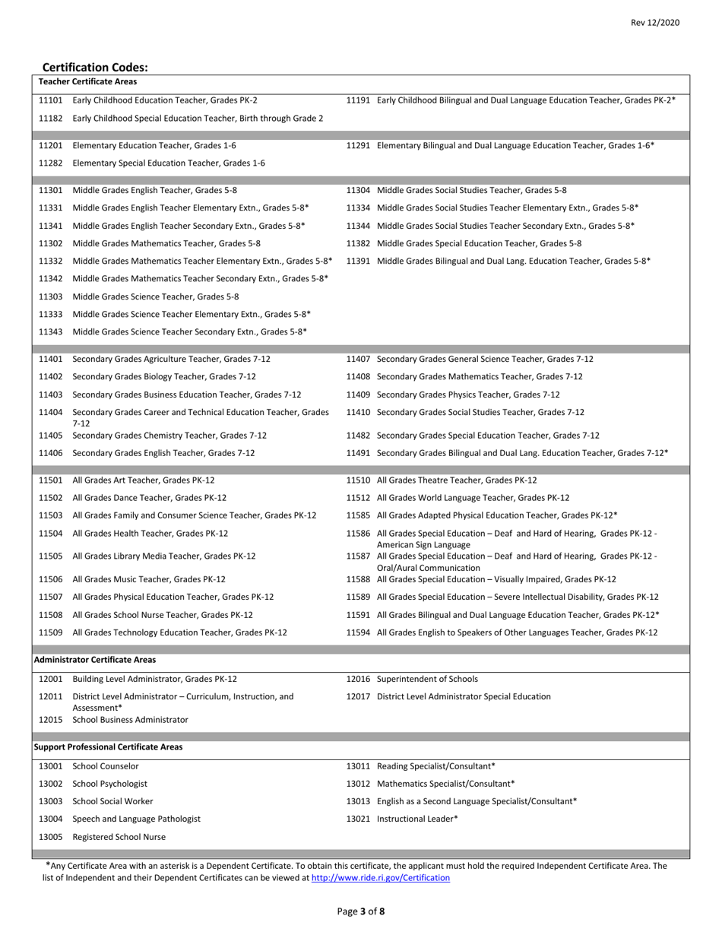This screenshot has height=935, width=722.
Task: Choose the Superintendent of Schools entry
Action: pyautogui.click(x=427, y=679)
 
